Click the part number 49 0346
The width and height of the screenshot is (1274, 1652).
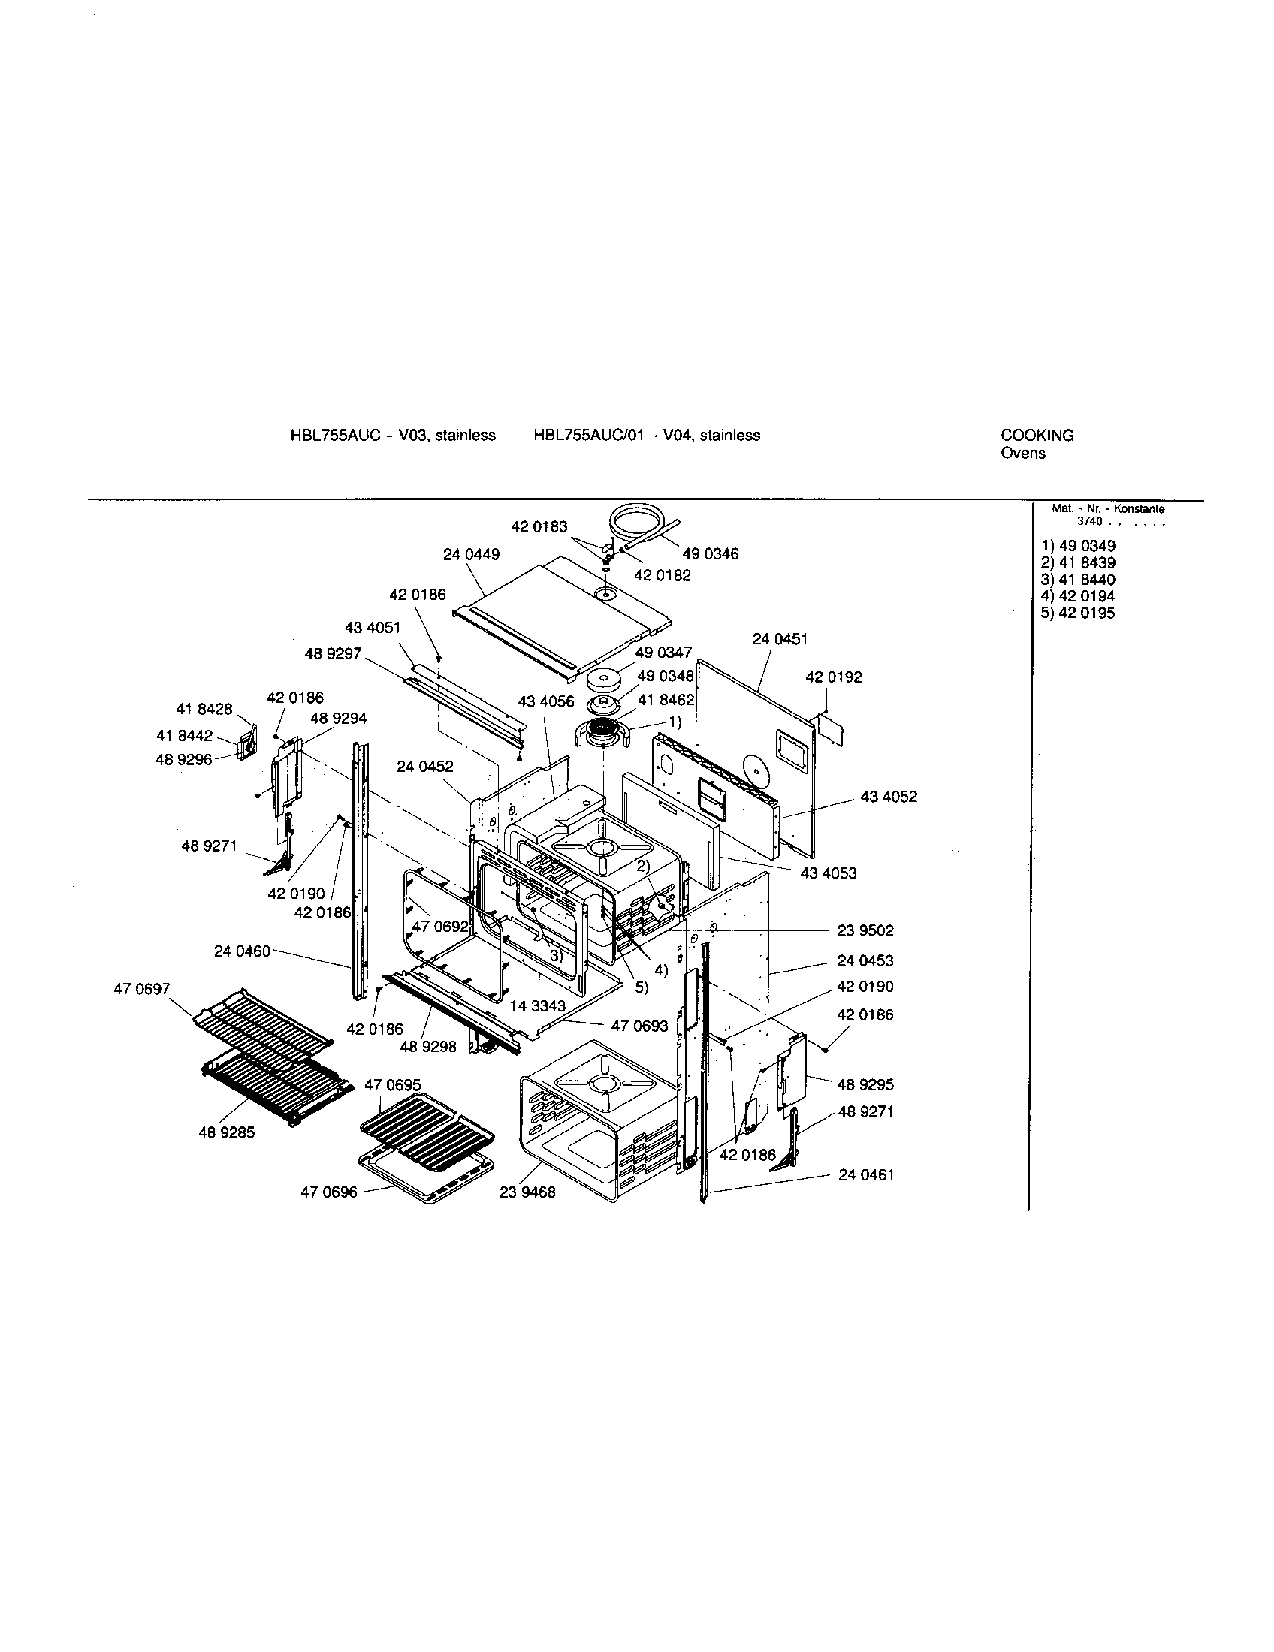coord(711,553)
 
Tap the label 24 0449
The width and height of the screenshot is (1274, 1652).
coord(471,554)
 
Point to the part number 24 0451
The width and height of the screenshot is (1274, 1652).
coord(780,639)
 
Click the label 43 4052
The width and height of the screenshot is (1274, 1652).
coord(889,797)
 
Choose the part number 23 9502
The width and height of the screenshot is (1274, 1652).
coord(865,930)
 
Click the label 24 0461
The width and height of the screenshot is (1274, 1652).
coord(866,1174)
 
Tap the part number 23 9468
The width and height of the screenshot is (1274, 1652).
coord(527,1192)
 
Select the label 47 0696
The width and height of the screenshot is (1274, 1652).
coord(329,1192)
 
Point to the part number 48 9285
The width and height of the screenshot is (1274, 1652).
coord(227,1132)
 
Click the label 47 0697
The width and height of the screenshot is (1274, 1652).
coord(142,989)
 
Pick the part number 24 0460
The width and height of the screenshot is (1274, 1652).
coord(242,951)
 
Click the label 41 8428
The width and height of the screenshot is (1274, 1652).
coord(204,709)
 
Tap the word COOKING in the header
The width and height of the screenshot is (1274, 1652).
coord(1037,435)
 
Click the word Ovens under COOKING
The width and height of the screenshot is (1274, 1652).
coord(1023,453)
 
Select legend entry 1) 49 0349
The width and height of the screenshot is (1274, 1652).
coord(1078,546)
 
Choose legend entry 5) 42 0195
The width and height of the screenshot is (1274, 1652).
coord(1078,613)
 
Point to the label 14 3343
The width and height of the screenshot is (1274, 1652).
coord(538,1006)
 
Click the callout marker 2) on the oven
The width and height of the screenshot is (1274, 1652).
coord(643,864)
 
